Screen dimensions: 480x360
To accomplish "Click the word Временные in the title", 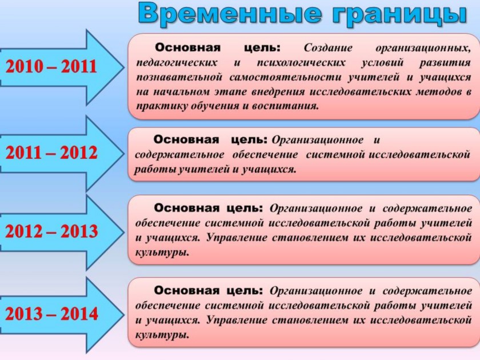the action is tap(230, 14).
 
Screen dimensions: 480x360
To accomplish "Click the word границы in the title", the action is tap(399, 15).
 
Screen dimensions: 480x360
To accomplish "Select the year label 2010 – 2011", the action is tap(51, 66).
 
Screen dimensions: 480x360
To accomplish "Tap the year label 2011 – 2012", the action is tap(51, 153).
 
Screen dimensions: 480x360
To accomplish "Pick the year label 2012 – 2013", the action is tap(51, 231).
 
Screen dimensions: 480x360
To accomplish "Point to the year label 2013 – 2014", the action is tap(51, 314).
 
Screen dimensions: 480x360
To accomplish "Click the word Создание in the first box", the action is tap(328, 48).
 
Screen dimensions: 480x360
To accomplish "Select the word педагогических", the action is tap(177, 63).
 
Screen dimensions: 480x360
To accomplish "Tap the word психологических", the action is tap(301, 63).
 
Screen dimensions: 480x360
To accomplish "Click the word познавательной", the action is tap(179, 77).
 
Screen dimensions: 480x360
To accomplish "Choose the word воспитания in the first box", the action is tap(285, 106).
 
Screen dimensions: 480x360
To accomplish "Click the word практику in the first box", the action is tap(162, 106).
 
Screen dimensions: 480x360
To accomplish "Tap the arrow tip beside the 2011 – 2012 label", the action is tap(124, 153).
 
